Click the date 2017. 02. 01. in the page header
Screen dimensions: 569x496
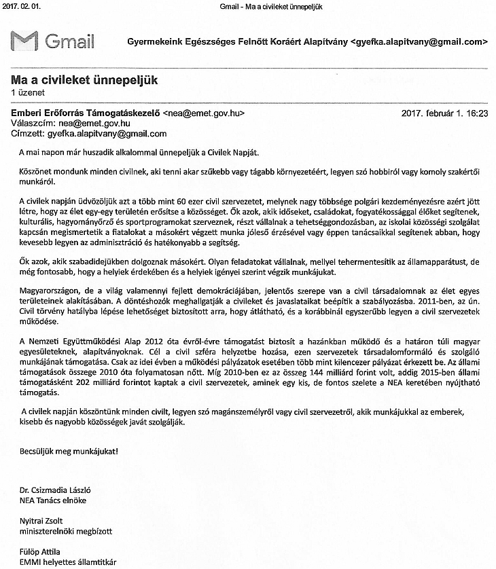(22, 6)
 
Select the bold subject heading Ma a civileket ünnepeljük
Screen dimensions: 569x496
(84, 79)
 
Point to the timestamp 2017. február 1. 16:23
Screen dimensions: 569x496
(445, 113)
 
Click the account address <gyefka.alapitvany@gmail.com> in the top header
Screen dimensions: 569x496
(419, 41)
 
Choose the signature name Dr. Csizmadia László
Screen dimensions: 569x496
(55, 491)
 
